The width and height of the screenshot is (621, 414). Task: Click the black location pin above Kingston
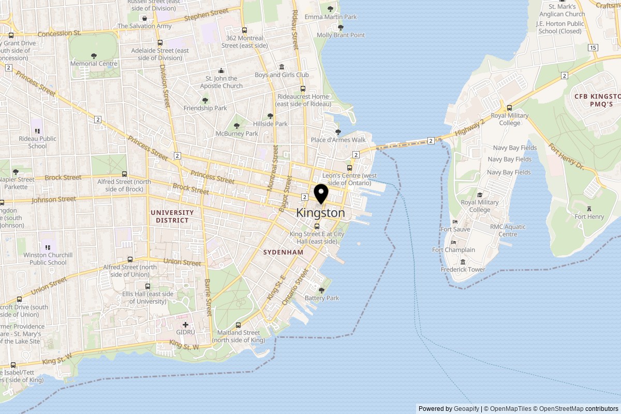tap(321, 194)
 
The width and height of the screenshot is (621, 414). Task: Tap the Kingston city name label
tap(320, 213)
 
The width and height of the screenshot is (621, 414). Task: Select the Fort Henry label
tap(589, 217)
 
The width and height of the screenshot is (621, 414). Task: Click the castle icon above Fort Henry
tap(589, 208)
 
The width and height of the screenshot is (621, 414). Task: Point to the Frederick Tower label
tap(463, 270)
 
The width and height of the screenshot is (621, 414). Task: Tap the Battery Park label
tap(321, 298)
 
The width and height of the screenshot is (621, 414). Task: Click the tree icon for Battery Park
tap(321, 290)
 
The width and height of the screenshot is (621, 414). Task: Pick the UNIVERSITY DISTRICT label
tap(172, 216)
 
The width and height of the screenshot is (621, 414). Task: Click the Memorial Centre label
tap(94, 64)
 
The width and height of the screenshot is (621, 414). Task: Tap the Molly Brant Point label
tap(341, 35)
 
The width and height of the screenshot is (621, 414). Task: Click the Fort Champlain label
tap(453, 250)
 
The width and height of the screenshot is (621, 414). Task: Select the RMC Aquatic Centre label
tap(508, 230)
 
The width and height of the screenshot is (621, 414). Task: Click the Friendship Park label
tap(205, 108)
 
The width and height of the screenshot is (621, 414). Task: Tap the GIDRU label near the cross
tap(185, 332)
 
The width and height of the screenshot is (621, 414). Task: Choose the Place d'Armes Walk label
tap(338, 140)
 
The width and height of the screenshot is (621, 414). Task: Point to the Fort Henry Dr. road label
tap(566, 157)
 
